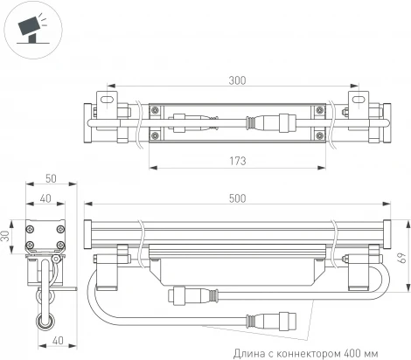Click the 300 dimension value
[236, 80]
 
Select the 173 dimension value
[236, 161]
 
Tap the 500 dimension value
[236, 200]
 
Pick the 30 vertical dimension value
[7, 236]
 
